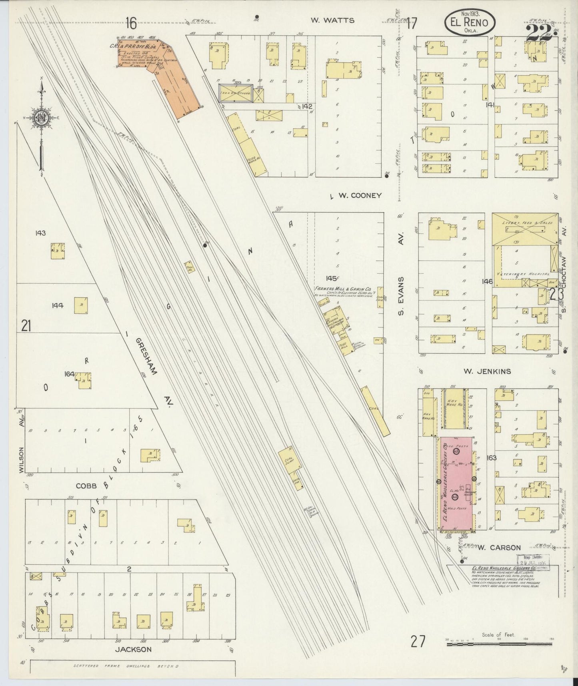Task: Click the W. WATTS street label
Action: [x=332, y=20]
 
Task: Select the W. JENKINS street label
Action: [x=487, y=371]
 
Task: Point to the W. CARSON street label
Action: [x=499, y=548]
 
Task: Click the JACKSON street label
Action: [x=133, y=649]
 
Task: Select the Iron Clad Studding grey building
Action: [x=235, y=93]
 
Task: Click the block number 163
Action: [x=491, y=457]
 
